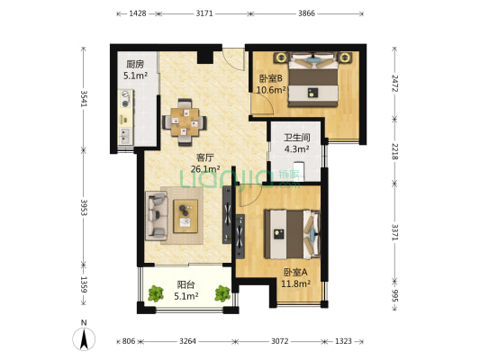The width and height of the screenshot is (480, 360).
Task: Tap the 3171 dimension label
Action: [x=204, y=13]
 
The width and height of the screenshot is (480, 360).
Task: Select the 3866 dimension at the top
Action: [x=306, y=13]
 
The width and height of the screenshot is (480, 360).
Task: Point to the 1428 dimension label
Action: [x=138, y=13]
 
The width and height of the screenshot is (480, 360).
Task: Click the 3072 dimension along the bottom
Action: [x=280, y=341]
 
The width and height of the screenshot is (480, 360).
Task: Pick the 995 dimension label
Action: [x=395, y=295]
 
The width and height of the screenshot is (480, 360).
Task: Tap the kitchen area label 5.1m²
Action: [x=136, y=76]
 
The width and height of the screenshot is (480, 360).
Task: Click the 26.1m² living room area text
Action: [x=205, y=169]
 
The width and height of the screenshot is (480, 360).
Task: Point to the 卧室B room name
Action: [x=271, y=78]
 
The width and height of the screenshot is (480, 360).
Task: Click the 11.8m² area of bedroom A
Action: [x=296, y=283]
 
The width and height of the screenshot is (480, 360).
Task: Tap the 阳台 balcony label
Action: [x=186, y=284]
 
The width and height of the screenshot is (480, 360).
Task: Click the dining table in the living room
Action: [x=185, y=122]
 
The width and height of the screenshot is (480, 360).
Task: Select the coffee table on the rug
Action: [x=186, y=216]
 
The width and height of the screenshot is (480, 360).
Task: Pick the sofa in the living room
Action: [x=157, y=216]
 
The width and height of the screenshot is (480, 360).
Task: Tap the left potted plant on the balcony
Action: [x=156, y=293]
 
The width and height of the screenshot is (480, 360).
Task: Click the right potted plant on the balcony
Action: [x=222, y=293]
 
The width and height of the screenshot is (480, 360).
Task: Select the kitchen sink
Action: [x=125, y=136]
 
